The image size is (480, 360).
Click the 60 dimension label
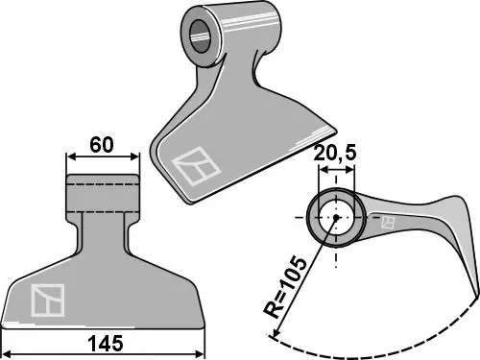(102, 145)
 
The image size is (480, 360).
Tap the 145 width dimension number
(106, 344)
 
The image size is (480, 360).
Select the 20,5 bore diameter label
(335, 154)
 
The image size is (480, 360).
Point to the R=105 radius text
(284, 287)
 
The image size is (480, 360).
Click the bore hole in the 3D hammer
(201, 36)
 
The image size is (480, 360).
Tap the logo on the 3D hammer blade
(196, 166)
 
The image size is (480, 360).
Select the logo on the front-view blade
(48, 300)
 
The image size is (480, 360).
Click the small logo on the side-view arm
(388, 223)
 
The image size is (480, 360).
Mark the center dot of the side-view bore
(336, 218)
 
